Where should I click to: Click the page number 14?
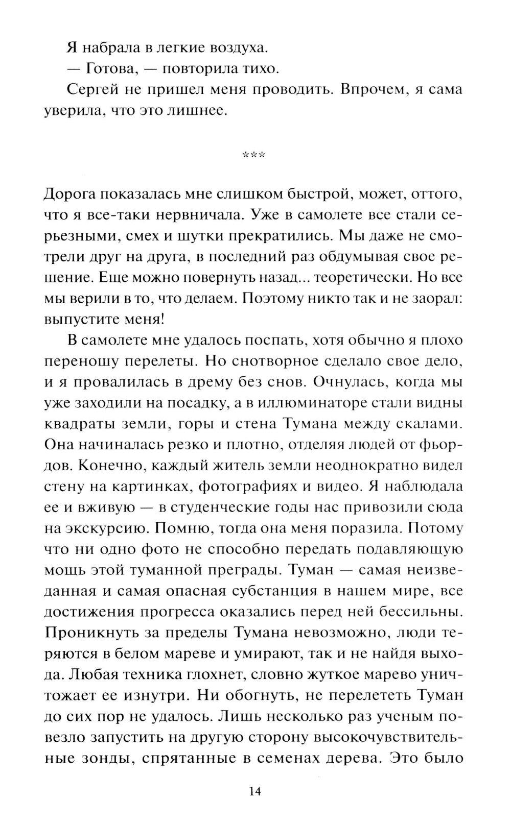[255, 792]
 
